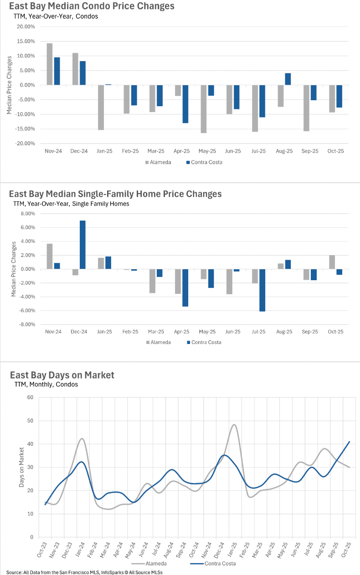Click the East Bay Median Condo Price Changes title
(x=91, y=6)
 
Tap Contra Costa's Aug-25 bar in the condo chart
(x=288, y=79)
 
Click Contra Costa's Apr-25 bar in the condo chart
(x=185, y=104)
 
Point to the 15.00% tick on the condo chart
(x=25, y=41)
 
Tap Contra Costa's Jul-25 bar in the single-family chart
(x=262, y=290)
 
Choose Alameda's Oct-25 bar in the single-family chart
(x=332, y=262)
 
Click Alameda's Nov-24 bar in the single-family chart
(x=49, y=257)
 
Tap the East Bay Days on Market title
(x=62, y=375)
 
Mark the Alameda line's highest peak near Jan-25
(x=234, y=425)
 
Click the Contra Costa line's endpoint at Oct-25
(x=349, y=442)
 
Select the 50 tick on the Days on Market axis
(x=30, y=421)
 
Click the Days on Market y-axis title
(x=21, y=468)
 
